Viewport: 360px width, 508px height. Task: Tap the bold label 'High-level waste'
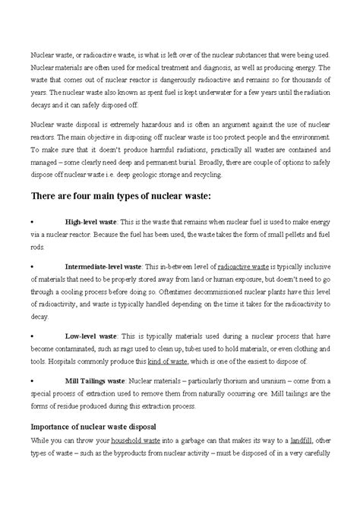click(90, 222)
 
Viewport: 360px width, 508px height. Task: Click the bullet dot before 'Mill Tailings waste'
click(31, 381)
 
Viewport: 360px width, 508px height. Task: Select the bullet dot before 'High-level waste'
click(31, 222)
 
